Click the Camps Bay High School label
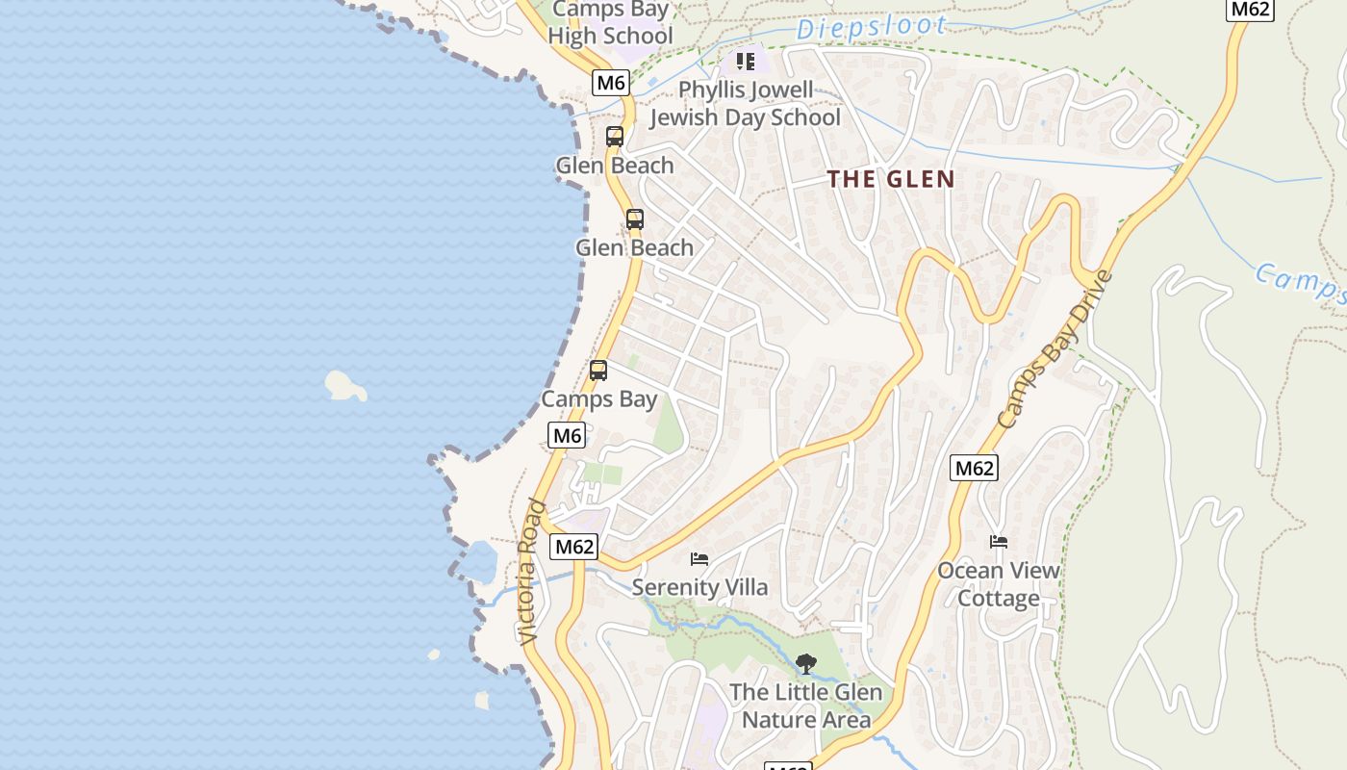(x=609, y=23)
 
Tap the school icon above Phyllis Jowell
(x=746, y=62)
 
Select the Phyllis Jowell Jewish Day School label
(x=745, y=104)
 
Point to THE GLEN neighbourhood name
(x=891, y=179)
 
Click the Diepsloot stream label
(x=872, y=28)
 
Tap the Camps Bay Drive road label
(x=1055, y=349)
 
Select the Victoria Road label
(x=531, y=572)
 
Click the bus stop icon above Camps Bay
(x=598, y=371)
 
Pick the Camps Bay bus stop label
(x=598, y=398)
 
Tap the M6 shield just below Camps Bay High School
(x=611, y=83)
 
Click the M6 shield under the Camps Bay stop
(x=567, y=435)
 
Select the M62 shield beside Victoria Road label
(x=574, y=547)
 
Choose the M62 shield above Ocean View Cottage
(x=974, y=469)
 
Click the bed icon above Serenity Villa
(x=699, y=559)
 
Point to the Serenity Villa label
(x=699, y=587)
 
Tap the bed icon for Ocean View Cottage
(x=999, y=543)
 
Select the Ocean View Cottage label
(x=999, y=584)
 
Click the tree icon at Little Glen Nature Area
(x=805, y=663)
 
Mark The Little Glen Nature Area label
(x=805, y=706)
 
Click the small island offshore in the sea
(x=344, y=386)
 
